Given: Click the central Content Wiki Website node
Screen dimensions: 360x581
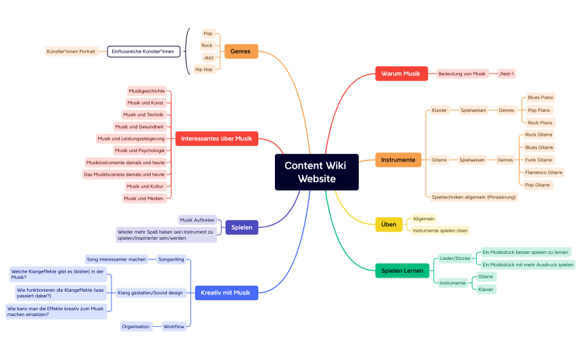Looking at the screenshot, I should pos(316,172).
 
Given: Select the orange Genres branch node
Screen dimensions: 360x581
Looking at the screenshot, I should pos(241,51).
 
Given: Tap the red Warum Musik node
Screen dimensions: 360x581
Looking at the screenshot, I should pos(401,74).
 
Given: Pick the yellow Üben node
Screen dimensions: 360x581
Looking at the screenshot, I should pos(388,224).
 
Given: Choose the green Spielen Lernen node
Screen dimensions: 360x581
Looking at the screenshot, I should pos(402,271).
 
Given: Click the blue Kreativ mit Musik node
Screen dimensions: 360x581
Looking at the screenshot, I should pos(225,293).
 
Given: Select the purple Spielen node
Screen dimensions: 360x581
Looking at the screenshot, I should pos(241,228).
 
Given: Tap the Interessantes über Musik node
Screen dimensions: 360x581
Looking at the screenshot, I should pos(216,139).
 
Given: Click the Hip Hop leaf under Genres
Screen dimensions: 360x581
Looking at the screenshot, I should pos(203,70).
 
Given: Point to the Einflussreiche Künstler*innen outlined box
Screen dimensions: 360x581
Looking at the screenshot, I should pos(143,51).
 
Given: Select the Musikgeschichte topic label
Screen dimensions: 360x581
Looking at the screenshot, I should pos(146,91).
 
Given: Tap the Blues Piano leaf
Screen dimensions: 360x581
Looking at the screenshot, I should pos(540,97).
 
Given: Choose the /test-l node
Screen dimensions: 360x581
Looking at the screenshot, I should pos(507,74).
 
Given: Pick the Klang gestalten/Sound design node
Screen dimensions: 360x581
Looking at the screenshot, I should pos(150,293).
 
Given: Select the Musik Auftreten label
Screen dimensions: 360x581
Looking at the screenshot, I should pos(197,220).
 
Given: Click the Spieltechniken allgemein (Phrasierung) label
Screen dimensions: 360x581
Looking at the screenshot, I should pos(474,197).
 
